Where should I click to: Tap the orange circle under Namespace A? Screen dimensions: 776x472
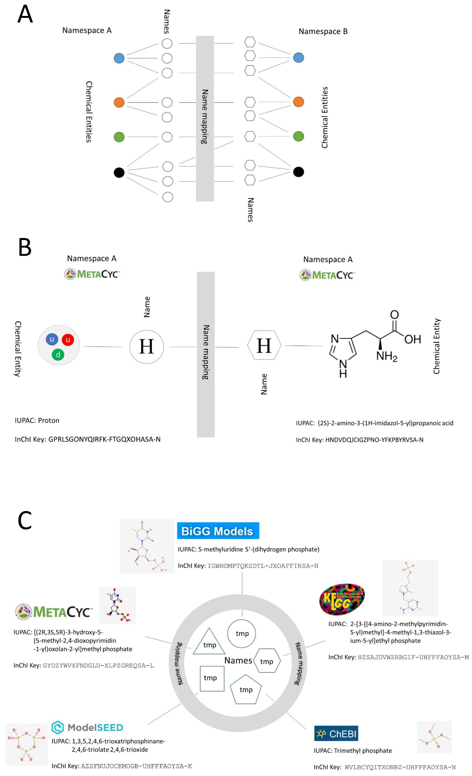[119, 102]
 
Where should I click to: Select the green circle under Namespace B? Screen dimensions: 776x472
[298, 136]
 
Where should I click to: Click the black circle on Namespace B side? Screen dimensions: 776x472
[298, 172]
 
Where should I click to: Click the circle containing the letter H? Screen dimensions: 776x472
[146, 347]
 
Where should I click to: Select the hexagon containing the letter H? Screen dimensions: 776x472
[264, 345]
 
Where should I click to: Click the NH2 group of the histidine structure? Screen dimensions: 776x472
[386, 356]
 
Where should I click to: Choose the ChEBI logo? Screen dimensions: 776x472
[336, 734]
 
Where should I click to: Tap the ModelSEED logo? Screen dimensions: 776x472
[87, 727]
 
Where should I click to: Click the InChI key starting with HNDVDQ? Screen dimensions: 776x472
[374, 440]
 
